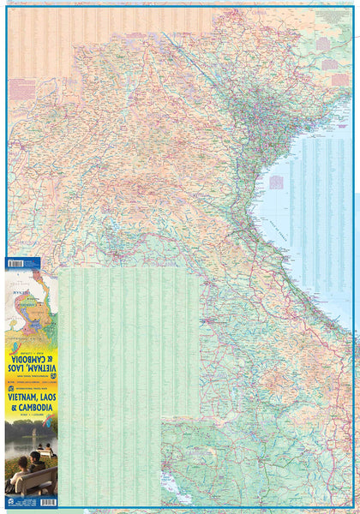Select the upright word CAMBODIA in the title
[x=33, y=409]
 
